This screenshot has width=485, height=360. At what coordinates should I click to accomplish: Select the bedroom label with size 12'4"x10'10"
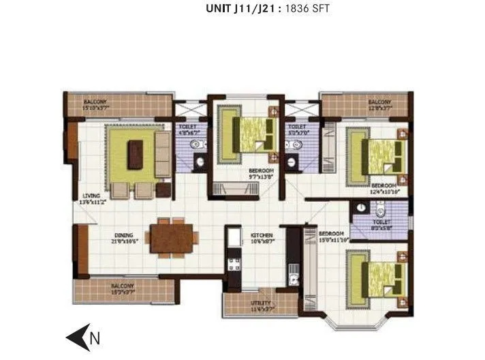point(384,188)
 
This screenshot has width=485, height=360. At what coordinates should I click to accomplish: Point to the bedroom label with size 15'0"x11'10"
point(332,237)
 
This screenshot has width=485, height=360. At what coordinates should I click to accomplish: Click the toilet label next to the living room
point(187,130)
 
